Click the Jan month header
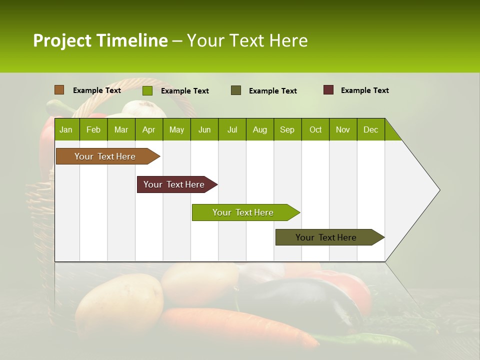66,130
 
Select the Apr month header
148,130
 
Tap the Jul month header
232,130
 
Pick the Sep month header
287,130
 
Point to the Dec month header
370,130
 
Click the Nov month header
342,130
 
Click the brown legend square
59,90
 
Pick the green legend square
147,90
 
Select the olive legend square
236,90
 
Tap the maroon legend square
328,90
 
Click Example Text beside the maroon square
364,90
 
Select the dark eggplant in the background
305,300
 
